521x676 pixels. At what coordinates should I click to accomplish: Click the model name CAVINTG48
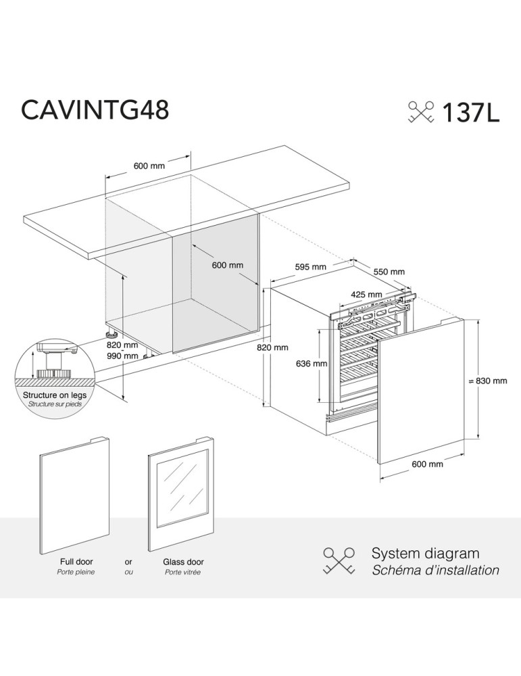pos(95,110)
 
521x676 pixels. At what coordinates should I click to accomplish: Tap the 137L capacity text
pos(470,112)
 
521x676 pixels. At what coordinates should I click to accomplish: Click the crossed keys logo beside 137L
pos(421,112)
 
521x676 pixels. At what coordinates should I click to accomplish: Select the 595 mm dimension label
pos(310,267)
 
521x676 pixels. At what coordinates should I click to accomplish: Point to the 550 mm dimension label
pos(389,272)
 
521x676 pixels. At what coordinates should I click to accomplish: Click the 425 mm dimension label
pos(366,295)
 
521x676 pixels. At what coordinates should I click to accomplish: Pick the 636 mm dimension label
pos(312,364)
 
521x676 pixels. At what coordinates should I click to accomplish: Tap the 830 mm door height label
pos(491,381)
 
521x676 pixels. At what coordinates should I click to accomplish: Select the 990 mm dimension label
pos(122,356)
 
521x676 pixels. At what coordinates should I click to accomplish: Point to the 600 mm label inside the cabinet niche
pos(227,266)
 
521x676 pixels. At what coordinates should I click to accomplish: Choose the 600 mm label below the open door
pos(427,464)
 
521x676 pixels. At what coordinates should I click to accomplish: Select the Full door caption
pos(76,562)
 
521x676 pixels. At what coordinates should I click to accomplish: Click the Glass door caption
pos(183,562)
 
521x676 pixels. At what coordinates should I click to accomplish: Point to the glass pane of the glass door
pos(180,488)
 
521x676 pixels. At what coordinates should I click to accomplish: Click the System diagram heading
pos(425,554)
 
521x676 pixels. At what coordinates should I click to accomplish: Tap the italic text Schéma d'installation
pos(436,571)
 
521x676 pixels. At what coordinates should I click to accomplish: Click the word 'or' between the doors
pos(128,562)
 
